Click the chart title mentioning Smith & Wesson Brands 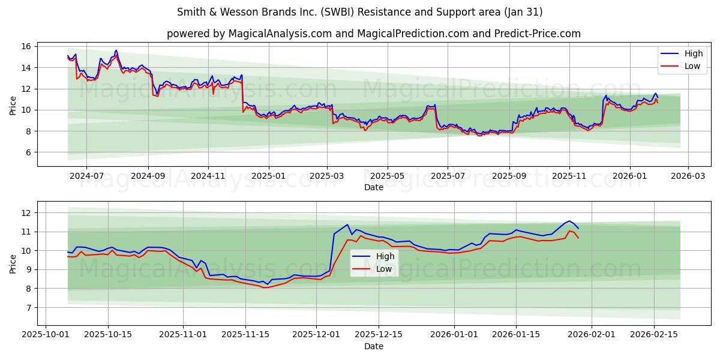360,12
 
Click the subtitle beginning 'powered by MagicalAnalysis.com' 373,34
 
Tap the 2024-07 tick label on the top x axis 86,176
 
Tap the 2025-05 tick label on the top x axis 387,176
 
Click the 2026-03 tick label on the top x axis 688,176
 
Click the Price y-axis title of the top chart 13,106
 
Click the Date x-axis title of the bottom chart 373,346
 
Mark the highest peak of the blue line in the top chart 116,50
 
